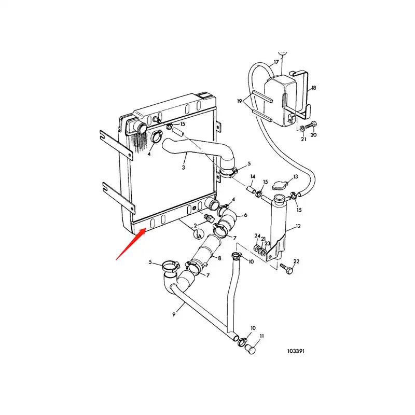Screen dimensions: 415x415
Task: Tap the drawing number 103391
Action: point(296,351)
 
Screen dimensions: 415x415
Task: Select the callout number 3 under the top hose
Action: point(183,168)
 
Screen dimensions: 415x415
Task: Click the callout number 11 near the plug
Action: point(261,336)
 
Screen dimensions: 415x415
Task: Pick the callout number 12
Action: point(298,227)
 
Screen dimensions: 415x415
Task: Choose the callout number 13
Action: point(296,177)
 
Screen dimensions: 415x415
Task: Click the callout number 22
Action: point(296,261)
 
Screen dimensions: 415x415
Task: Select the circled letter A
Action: point(199,235)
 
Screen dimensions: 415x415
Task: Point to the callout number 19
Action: point(240,102)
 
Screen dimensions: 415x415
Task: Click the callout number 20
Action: point(313,135)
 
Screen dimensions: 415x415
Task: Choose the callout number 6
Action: point(245,215)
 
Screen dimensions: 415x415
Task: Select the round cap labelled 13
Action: point(281,185)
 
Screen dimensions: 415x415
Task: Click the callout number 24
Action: point(256,237)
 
